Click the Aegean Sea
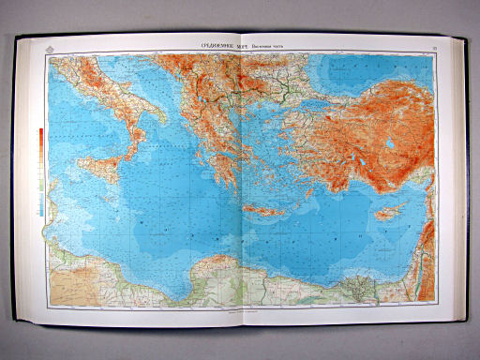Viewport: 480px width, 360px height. tap(258, 141)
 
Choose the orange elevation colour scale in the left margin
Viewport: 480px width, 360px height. tap(39, 141)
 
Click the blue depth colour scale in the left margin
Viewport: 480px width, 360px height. tap(39, 192)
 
